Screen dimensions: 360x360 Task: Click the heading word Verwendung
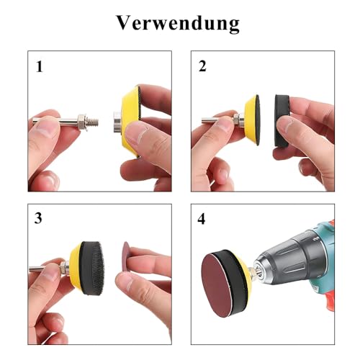178,23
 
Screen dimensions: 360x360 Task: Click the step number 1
39,67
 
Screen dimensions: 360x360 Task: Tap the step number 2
202,67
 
